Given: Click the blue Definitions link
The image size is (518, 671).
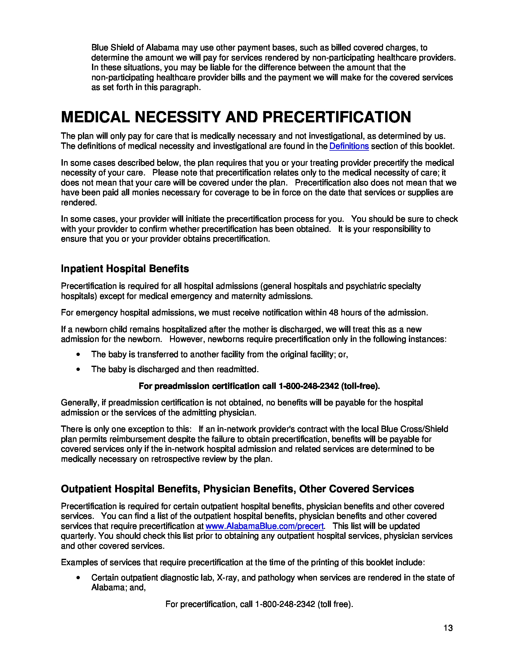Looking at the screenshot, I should pos(349,146).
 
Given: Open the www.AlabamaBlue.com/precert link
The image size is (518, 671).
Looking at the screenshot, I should pos(264,526).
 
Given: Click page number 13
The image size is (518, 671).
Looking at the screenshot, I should pos(448,628).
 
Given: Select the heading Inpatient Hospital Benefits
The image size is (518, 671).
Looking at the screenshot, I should pos(125,268).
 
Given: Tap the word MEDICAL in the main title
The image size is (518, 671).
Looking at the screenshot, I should pos(95,117).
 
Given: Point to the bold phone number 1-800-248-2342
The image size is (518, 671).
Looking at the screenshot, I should pos(308,386).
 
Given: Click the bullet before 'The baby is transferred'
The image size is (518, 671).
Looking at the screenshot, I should pos(79,354).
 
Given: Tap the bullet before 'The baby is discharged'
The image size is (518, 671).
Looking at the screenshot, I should pos(79,369).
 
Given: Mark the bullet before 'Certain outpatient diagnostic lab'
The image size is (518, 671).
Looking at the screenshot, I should pos(79,578).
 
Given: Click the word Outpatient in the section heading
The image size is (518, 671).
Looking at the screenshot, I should pos(86,489).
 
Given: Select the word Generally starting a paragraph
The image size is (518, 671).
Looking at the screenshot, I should pos(80,403).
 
